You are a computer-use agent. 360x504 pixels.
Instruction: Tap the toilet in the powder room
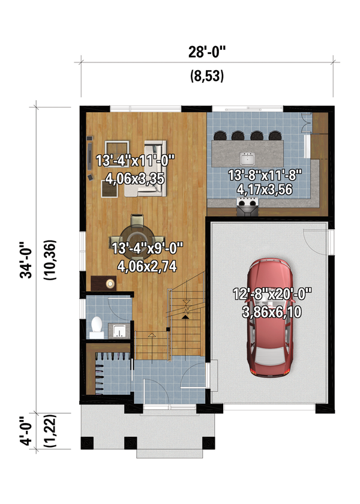click(x=95, y=325)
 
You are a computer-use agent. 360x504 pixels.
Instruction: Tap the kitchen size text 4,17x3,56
click(x=265, y=191)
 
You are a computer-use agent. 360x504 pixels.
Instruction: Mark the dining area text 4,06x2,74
click(x=143, y=268)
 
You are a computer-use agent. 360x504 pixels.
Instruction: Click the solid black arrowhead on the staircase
click(x=185, y=309)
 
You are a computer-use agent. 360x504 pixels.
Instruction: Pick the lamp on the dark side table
click(x=110, y=283)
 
